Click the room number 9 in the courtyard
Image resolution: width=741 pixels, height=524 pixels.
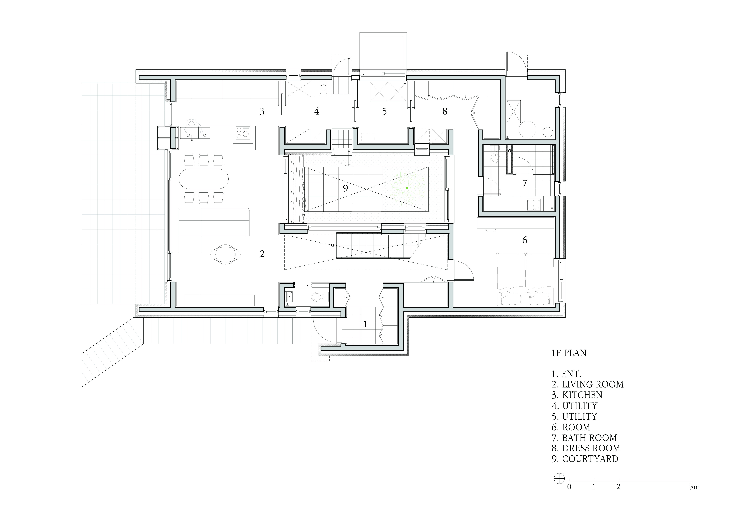point(345,188)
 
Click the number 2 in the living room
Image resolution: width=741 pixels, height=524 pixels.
point(262,254)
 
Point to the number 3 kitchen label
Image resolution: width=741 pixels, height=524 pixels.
point(262,112)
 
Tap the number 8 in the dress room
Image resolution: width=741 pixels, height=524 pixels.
point(445,111)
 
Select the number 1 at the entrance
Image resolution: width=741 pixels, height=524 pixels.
point(365,324)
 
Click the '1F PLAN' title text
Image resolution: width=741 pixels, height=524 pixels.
point(569,353)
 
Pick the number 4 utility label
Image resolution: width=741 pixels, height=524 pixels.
point(317,111)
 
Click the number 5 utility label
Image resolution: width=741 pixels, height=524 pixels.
point(384,111)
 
